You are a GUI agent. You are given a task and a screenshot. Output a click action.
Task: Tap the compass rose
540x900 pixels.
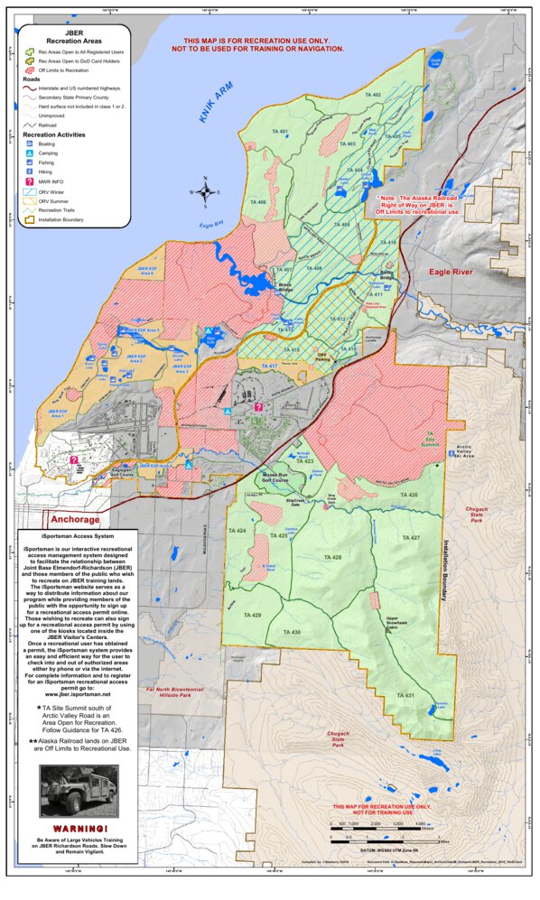[x=206, y=191]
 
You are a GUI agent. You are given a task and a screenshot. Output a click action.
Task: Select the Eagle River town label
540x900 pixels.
[x=451, y=271]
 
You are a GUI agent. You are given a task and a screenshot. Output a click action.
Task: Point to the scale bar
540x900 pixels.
[x=379, y=826]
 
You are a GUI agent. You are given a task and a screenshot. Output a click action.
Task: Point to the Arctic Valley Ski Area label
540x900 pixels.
[x=487, y=449]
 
